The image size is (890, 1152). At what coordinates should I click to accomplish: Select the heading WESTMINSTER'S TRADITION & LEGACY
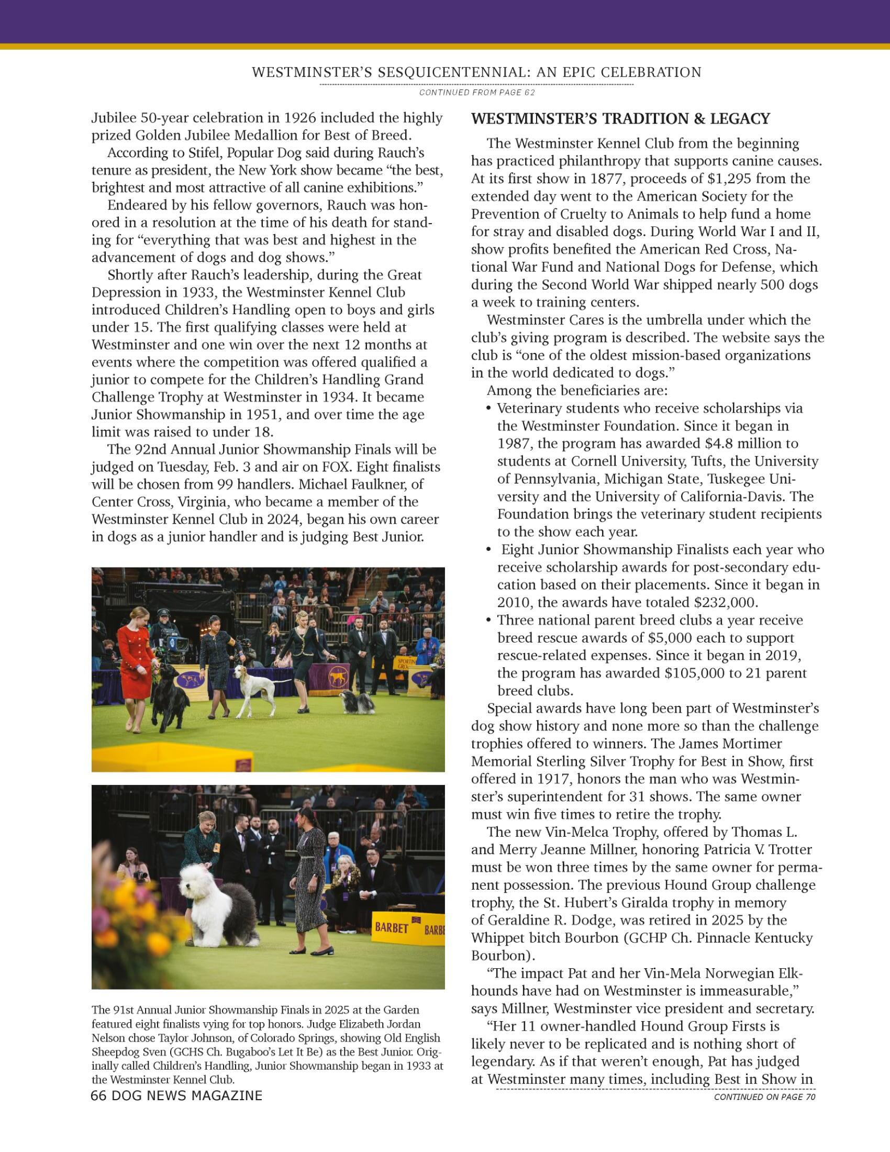620,119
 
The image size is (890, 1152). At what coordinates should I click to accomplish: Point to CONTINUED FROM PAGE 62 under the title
477,93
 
